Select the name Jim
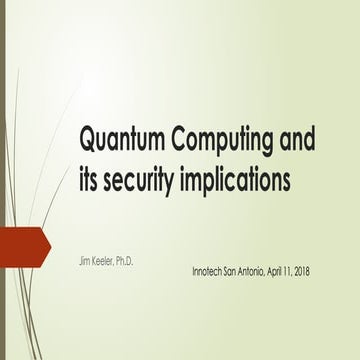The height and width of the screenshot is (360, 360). [84, 260]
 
